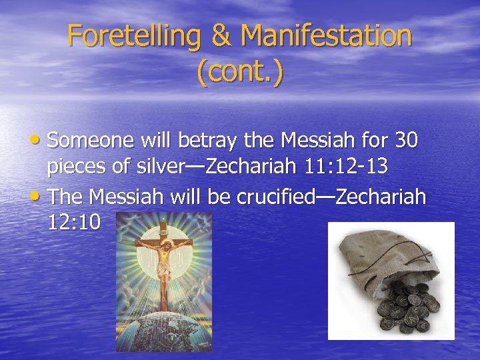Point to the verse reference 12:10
tap(74, 221)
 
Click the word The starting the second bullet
tap(67, 196)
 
